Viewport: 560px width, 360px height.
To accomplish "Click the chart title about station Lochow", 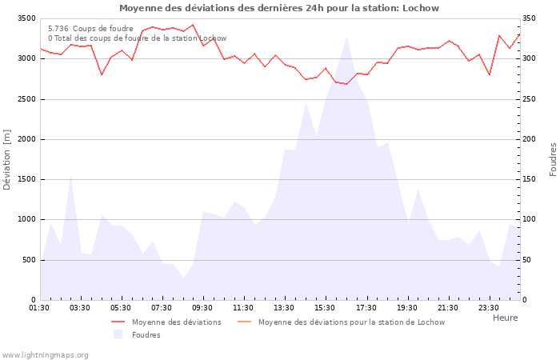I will (279, 8).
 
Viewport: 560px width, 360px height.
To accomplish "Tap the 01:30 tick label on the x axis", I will (40, 308).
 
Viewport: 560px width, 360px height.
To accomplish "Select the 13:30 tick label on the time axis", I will (285, 308).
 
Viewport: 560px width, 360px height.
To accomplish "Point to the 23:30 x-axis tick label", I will (488, 308).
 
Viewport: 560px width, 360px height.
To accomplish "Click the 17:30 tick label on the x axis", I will (366, 308).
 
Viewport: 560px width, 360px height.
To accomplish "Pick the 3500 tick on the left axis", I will (26, 18).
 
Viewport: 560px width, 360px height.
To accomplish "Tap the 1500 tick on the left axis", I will (26, 179).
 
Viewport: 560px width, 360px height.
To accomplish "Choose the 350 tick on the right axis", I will (530, 18).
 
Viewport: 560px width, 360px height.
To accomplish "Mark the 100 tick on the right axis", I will (530, 219).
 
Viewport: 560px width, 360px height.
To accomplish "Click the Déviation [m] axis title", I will (8, 159).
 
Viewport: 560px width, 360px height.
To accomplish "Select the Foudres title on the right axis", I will (553, 159).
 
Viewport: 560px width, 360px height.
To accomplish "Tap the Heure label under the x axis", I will (505, 318).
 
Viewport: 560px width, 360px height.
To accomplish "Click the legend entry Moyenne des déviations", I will (176, 322).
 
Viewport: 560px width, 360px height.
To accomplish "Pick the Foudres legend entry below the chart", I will (146, 335).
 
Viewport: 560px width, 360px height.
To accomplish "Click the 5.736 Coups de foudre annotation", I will (90, 29).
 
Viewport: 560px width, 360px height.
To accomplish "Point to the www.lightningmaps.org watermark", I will (45, 354).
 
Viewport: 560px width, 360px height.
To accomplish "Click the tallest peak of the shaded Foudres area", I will (346, 37).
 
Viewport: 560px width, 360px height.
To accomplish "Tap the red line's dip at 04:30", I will (102, 75).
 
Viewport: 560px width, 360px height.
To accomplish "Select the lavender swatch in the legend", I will (118, 334).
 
